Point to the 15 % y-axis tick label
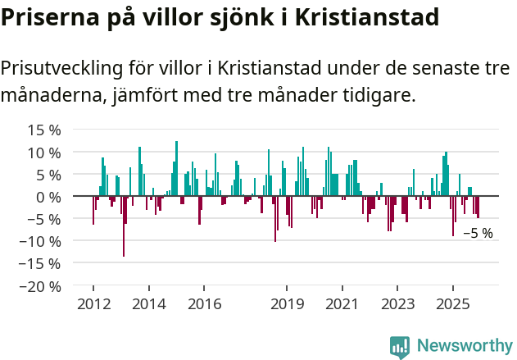[x=44, y=130]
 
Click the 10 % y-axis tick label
[x=44, y=153]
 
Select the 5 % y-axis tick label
[x=48, y=175]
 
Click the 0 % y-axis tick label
[x=48, y=197]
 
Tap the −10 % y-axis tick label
[x=41, y=242]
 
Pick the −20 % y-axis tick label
[x=41, y=287]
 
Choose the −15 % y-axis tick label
[x=41, y=264]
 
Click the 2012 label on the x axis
[x=93, y=304]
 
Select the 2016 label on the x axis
[x=204, y=304]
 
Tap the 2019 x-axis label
[x=287, y=304]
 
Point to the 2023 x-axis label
[x=397, y=304]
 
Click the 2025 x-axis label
[x=453, y=304]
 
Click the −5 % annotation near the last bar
[x=478, y=234]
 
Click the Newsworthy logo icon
[x=400, y=346]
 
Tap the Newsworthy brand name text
[x=464, y=346]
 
